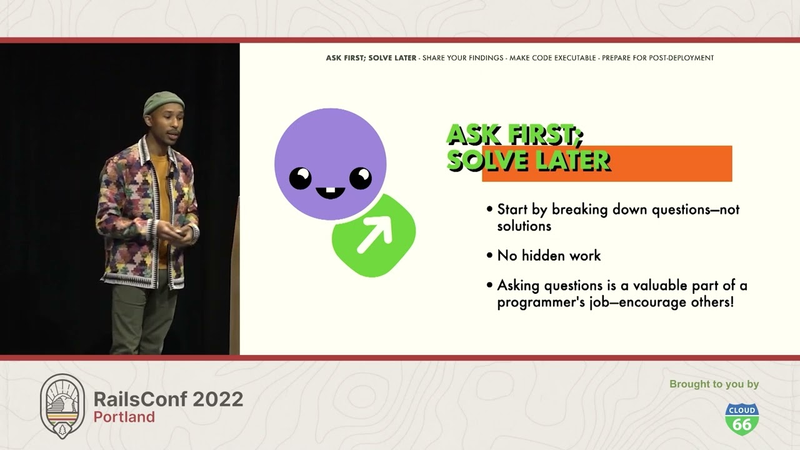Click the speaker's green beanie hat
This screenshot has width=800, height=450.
[163, 102]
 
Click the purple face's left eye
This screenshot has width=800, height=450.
[301, 179]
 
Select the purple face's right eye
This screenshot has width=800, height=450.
[360, 178]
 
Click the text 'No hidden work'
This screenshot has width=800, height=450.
[549, 256]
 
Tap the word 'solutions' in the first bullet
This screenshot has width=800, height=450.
[524, 226]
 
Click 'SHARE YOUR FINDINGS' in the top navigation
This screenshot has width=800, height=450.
[462, 58]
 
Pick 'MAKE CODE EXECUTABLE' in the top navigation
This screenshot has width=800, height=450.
[552, 58]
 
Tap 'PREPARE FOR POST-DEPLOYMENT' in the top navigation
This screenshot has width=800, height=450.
[657, 58]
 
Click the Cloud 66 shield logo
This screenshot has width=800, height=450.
[741, 419]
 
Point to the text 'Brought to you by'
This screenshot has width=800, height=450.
[714, 384]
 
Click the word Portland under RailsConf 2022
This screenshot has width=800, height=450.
[124, 417]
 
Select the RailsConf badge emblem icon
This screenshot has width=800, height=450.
[62, 406]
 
